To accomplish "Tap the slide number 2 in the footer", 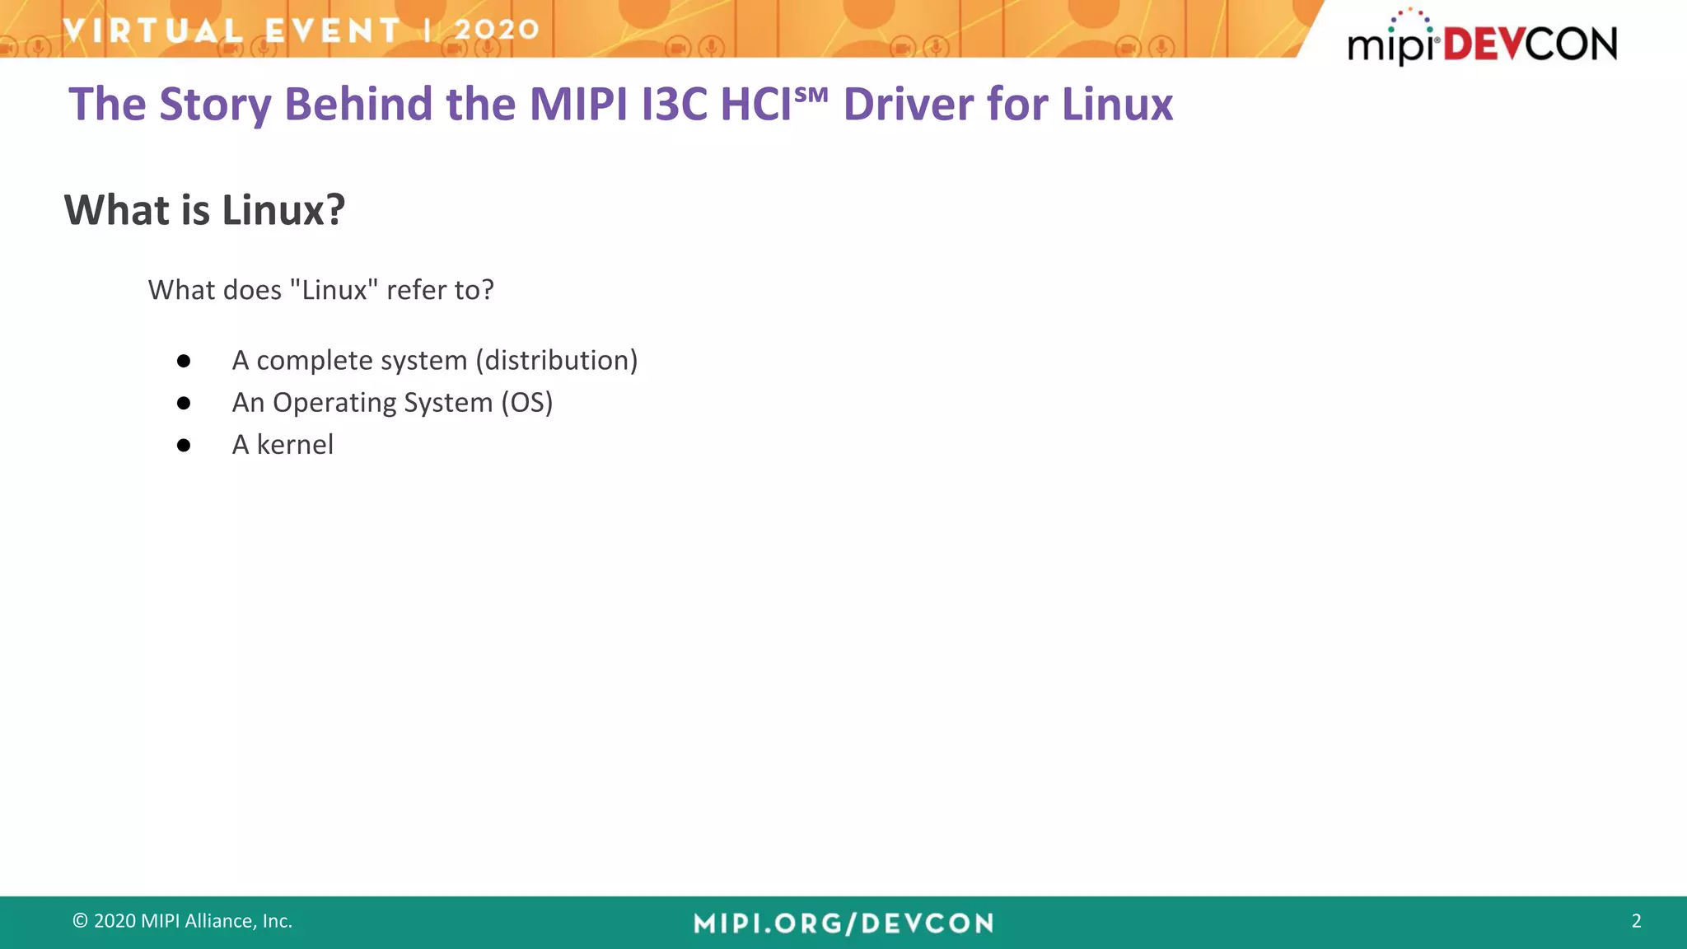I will coord(1636,921).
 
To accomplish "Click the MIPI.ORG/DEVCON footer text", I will coord(843,923).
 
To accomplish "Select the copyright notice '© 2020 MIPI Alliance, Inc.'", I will coord(182,921).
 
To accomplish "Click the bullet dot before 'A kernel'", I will coord(184,446).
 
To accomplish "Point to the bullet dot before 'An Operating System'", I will coord(184,404).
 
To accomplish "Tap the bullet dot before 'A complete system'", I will coord(184,361).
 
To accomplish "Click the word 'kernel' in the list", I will coord(295,445).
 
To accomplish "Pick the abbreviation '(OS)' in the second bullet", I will coord(527,403).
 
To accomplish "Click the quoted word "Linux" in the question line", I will coord(334,290).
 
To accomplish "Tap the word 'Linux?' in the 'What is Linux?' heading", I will coord(283,210).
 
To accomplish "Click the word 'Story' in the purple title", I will coord(214,105).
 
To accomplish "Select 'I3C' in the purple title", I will coord(675,105).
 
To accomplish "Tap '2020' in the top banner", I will coord(497,30).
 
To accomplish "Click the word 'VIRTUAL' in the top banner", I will coord(153,30).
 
